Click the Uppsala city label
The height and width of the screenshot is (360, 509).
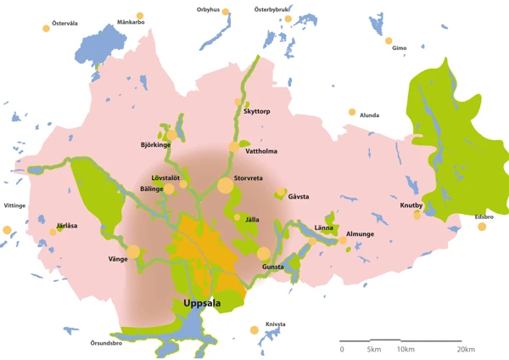coord(202,303)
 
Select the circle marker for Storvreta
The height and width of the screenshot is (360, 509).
coord(225,185)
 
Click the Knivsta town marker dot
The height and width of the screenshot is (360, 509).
coord(254,330)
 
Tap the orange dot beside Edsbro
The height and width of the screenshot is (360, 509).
coord(482,227)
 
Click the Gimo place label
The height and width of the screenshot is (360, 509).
coord(400,48)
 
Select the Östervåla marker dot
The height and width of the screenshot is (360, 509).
coord(46,29)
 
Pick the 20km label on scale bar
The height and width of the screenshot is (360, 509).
coord(465,349)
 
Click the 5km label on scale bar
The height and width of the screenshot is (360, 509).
coord(372,349)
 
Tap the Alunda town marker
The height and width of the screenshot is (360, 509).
coord(351,112)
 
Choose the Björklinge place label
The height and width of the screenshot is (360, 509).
coord(155,145)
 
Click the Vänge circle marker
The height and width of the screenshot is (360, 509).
coord(133,250)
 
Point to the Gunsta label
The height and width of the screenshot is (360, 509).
coord(273,267)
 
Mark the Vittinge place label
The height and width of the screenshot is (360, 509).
coord(14,205)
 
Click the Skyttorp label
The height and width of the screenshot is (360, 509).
coord(257,111)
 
